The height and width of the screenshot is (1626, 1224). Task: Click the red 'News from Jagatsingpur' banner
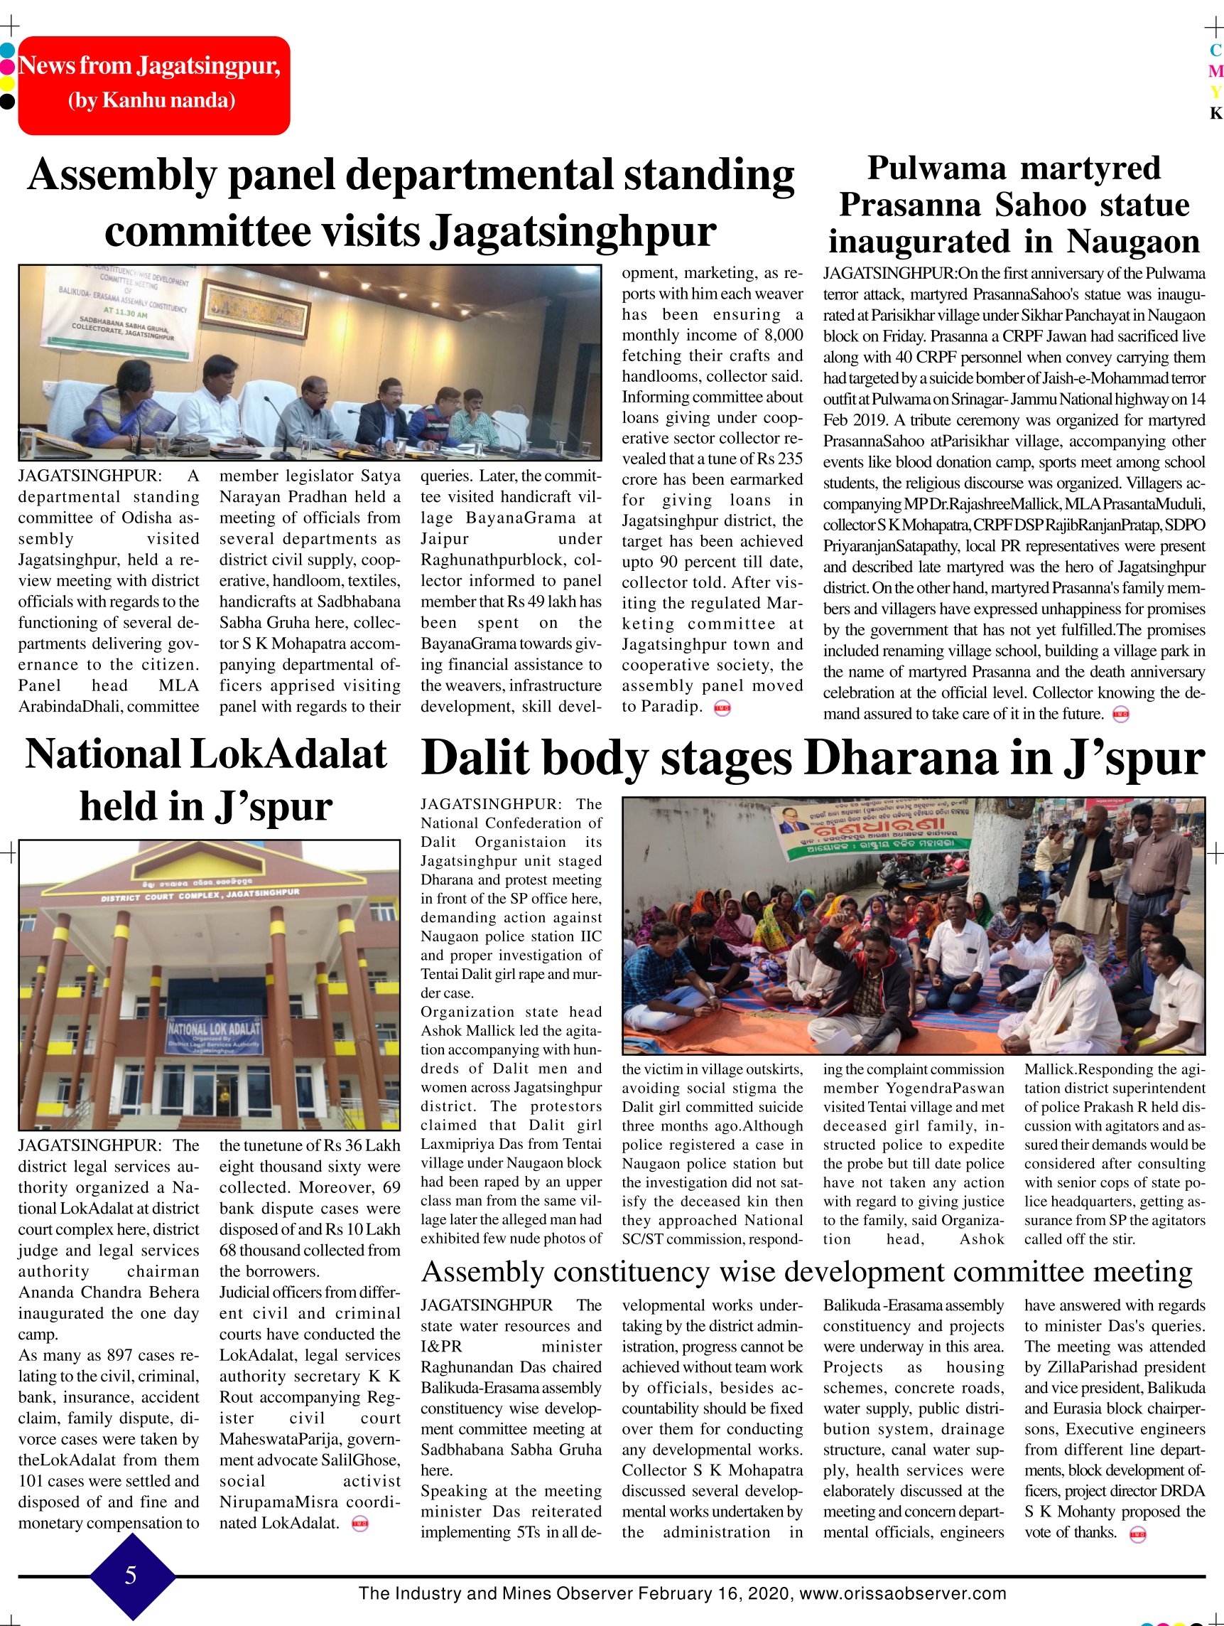[153, 85]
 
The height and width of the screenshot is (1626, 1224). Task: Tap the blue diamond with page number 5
[131, 1575]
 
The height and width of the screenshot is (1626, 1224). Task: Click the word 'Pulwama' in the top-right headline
[936, 168]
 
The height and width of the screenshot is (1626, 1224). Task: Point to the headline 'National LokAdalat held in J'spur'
[207, 780]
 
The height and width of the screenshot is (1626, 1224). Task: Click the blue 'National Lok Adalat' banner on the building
[214, 1036]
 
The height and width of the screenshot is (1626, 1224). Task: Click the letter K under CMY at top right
[1216, 113]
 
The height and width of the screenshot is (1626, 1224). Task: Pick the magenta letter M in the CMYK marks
[1216, 71]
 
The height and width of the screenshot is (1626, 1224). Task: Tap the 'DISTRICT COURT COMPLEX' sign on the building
[200, 894]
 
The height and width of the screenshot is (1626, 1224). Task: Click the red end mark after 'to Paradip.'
[722, 708]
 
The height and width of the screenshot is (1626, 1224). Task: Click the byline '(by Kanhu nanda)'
[152, 100]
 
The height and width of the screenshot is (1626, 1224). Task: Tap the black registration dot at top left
[6, 101]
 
